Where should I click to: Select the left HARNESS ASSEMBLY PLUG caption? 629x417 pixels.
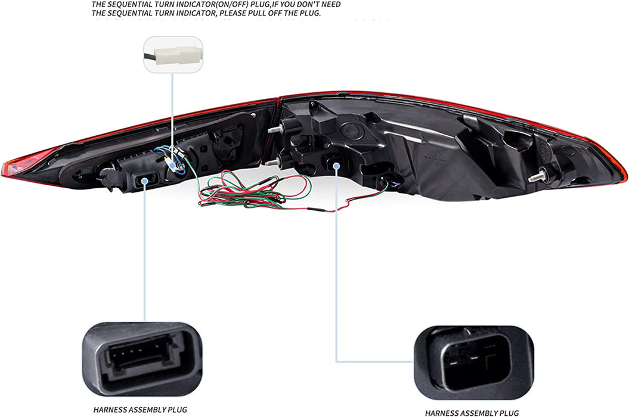(x=140, y=409)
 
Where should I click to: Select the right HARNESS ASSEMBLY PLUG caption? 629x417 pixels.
(x=472, y=412)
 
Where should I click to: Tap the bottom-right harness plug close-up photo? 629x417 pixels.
(x=473, y=362)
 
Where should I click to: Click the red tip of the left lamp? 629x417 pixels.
(x=12, y=167)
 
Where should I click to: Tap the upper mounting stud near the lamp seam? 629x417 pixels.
(x=275, y=129)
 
